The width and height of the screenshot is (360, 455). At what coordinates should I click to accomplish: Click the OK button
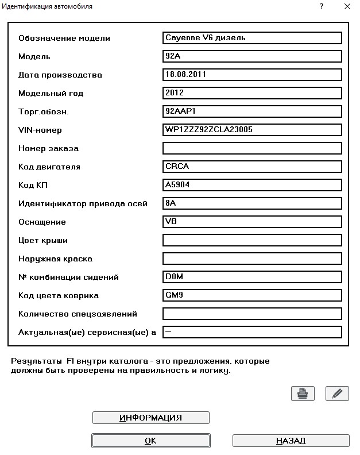[x=150, y=441]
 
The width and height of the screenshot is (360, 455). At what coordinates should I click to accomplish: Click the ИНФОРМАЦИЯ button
[x=150, y=418]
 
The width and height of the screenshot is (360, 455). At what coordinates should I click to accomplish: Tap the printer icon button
[x=303, y=394]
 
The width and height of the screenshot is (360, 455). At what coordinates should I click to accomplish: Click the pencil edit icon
[x=337, y=394]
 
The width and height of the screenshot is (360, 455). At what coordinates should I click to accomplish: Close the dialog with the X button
[x=346, y=7]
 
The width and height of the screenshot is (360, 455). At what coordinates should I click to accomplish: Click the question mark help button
[x=321, y=7]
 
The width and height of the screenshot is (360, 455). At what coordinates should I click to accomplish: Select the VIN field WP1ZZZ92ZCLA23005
[x=252, y=130]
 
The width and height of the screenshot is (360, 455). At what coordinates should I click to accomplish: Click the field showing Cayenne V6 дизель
[x=252, y=38]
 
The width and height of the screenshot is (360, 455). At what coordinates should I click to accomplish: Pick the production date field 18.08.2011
[x=252, y=75]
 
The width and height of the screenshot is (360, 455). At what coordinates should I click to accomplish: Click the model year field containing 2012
[x=252, y=93]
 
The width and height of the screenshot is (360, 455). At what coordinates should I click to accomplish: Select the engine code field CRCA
[x=252, y=167]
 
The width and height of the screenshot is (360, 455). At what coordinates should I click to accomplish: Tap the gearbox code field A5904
[x=252, y=185]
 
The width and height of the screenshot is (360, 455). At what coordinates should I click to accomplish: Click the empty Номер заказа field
[x=252, y=148]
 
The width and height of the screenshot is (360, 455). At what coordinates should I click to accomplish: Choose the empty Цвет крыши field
[x=252, y=240]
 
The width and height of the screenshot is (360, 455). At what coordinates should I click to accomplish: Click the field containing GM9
[x=252, y=295]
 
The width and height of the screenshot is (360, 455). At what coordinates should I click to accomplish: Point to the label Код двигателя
[x=49, y=167]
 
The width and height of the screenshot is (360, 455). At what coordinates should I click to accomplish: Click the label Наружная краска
[x=55, y=259]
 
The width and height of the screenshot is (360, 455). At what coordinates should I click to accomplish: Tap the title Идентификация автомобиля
[x=48, y=6]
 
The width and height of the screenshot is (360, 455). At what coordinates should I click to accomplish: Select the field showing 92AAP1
[x=252, y=111]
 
